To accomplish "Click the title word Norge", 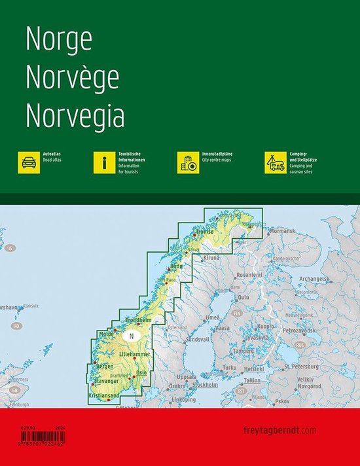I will tap(58, 41).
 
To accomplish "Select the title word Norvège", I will tap(72, 78).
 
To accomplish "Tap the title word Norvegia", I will tap(75, 116).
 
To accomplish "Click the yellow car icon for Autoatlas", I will tap(29, 162).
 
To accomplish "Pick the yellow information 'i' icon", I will tap(103, 162).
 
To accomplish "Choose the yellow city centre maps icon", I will tap(188, 162).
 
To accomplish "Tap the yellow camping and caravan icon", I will tap(274, 162).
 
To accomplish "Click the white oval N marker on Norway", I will tap(132, 336).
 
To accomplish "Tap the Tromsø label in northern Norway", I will tap(206, 232).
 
